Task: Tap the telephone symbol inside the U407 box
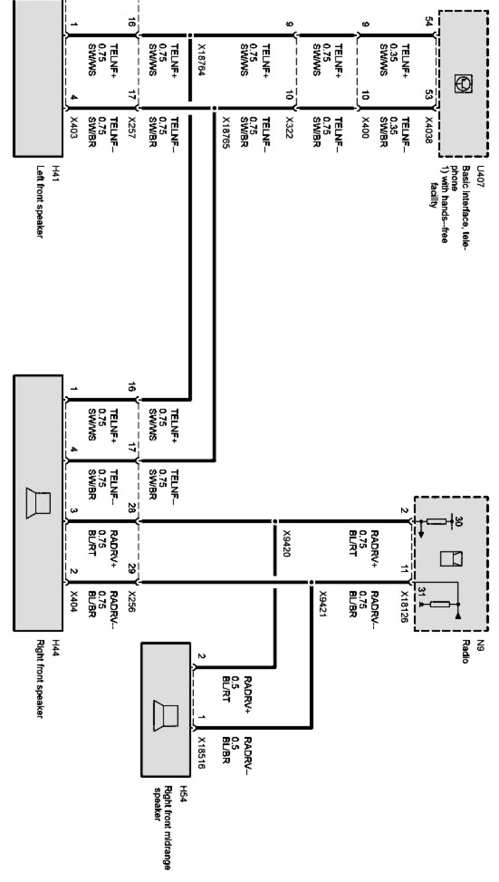(x=460, y=83)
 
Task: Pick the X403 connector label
(x=74, y=127)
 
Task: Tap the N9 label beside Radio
(x=480, y=646)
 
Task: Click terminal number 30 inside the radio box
(x=457, y=520)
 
